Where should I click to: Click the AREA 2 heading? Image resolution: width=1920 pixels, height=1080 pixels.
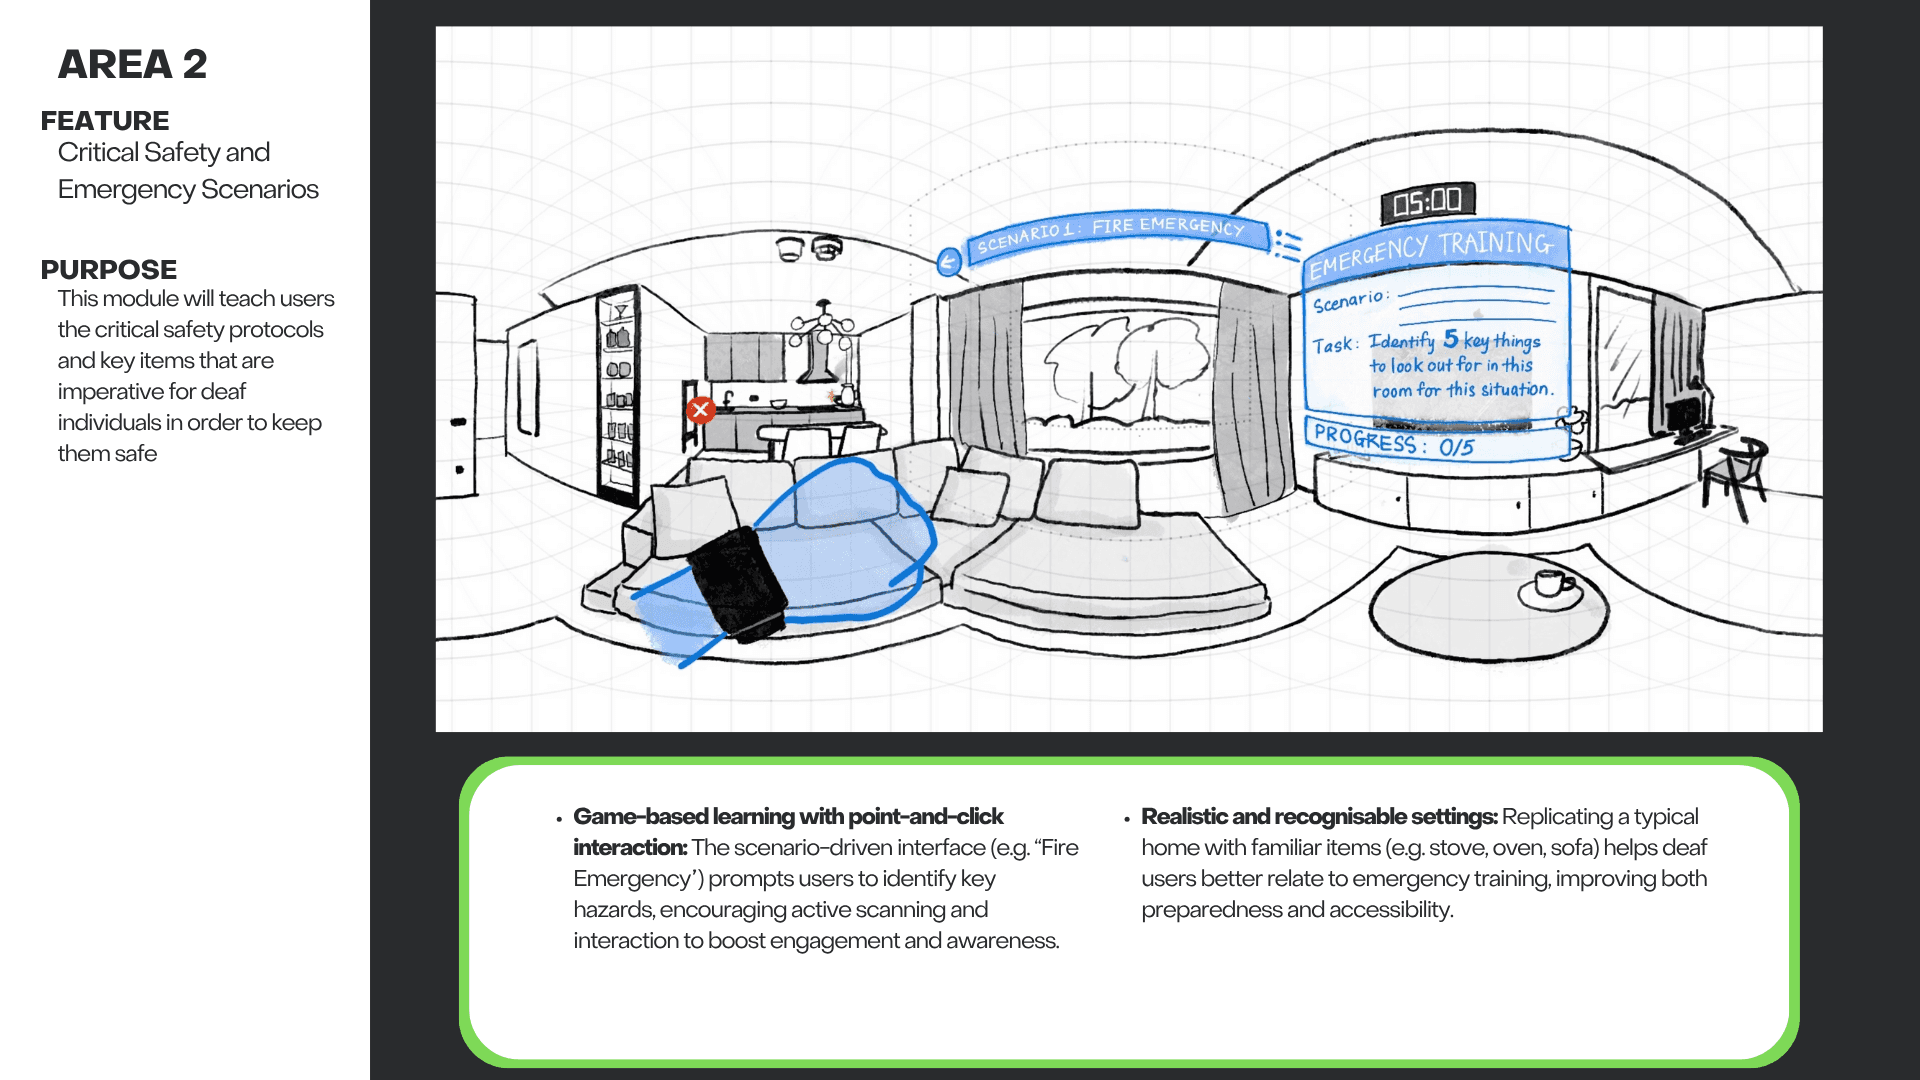(132, 65)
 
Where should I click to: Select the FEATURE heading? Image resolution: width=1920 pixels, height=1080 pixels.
(105, 121)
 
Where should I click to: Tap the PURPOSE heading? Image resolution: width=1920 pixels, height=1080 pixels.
(109, 270)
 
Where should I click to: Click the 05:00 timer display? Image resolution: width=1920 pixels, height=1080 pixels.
(1428, 202)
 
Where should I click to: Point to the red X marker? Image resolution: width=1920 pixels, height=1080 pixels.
(700, 409)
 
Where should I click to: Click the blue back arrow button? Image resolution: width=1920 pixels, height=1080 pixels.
(948, 263)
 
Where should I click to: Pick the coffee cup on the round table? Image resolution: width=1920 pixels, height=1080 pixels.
(1549, 583)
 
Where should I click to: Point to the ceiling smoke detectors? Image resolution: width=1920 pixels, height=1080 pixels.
(809, 247)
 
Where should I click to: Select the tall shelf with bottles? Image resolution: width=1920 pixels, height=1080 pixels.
(617, 395)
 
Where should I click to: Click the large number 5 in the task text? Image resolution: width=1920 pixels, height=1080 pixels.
(1450, 339)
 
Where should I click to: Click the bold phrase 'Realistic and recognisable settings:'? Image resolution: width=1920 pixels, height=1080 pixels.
(1319, 817)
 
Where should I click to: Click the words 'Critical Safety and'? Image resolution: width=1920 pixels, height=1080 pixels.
(164, 152)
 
